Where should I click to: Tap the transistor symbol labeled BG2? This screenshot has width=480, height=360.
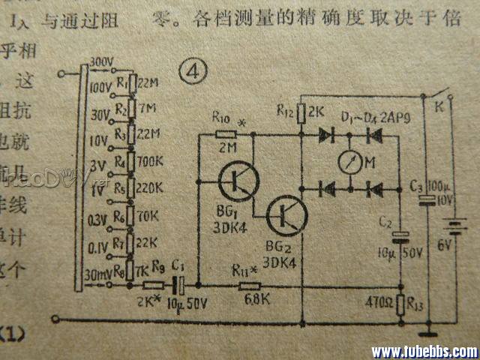286,215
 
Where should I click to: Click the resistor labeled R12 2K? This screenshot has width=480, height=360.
301,113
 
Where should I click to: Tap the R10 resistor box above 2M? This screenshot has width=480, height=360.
226,135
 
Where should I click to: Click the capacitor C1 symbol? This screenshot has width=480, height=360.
178,285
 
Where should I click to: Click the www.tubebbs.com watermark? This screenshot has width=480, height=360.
424,351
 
